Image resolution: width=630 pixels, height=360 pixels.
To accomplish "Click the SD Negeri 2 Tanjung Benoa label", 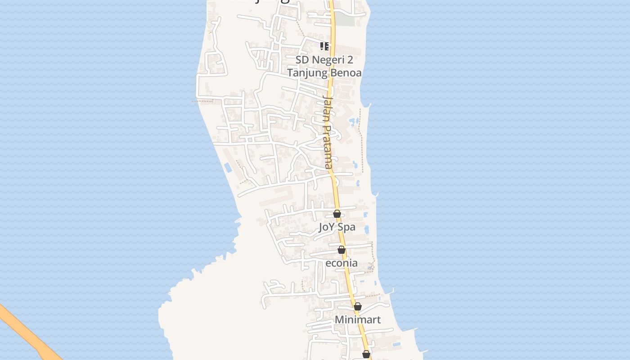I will click(x=324, y=66).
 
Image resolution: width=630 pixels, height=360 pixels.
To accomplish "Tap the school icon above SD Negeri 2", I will click(x=324, y=46).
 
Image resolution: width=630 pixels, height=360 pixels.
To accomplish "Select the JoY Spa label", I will click(x=337, y=227).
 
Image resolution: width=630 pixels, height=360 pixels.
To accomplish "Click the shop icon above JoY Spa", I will click(x=337, y=214).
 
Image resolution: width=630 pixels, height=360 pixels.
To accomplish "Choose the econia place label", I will click(x=342, y=263).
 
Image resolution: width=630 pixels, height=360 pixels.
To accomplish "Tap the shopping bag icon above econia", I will click(x=342, y=250).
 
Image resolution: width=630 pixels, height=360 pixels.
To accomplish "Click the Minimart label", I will click(x=358, y=319).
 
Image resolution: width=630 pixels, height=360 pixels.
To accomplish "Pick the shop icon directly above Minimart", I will click(x=358, y=307).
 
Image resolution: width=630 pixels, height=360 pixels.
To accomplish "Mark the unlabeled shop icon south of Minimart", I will click(x=366, y=354).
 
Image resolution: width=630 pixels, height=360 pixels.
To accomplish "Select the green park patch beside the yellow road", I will click(x=345, y=19).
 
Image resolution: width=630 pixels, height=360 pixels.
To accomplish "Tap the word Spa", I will click(x=346, y=227).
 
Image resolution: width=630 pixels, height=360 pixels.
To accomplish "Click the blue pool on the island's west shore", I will click(x=228, y=168).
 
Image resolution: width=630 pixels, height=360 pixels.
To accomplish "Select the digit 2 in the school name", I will click(x=350, y=60).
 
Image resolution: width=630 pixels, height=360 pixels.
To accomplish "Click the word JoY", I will click(x=328, y=227).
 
